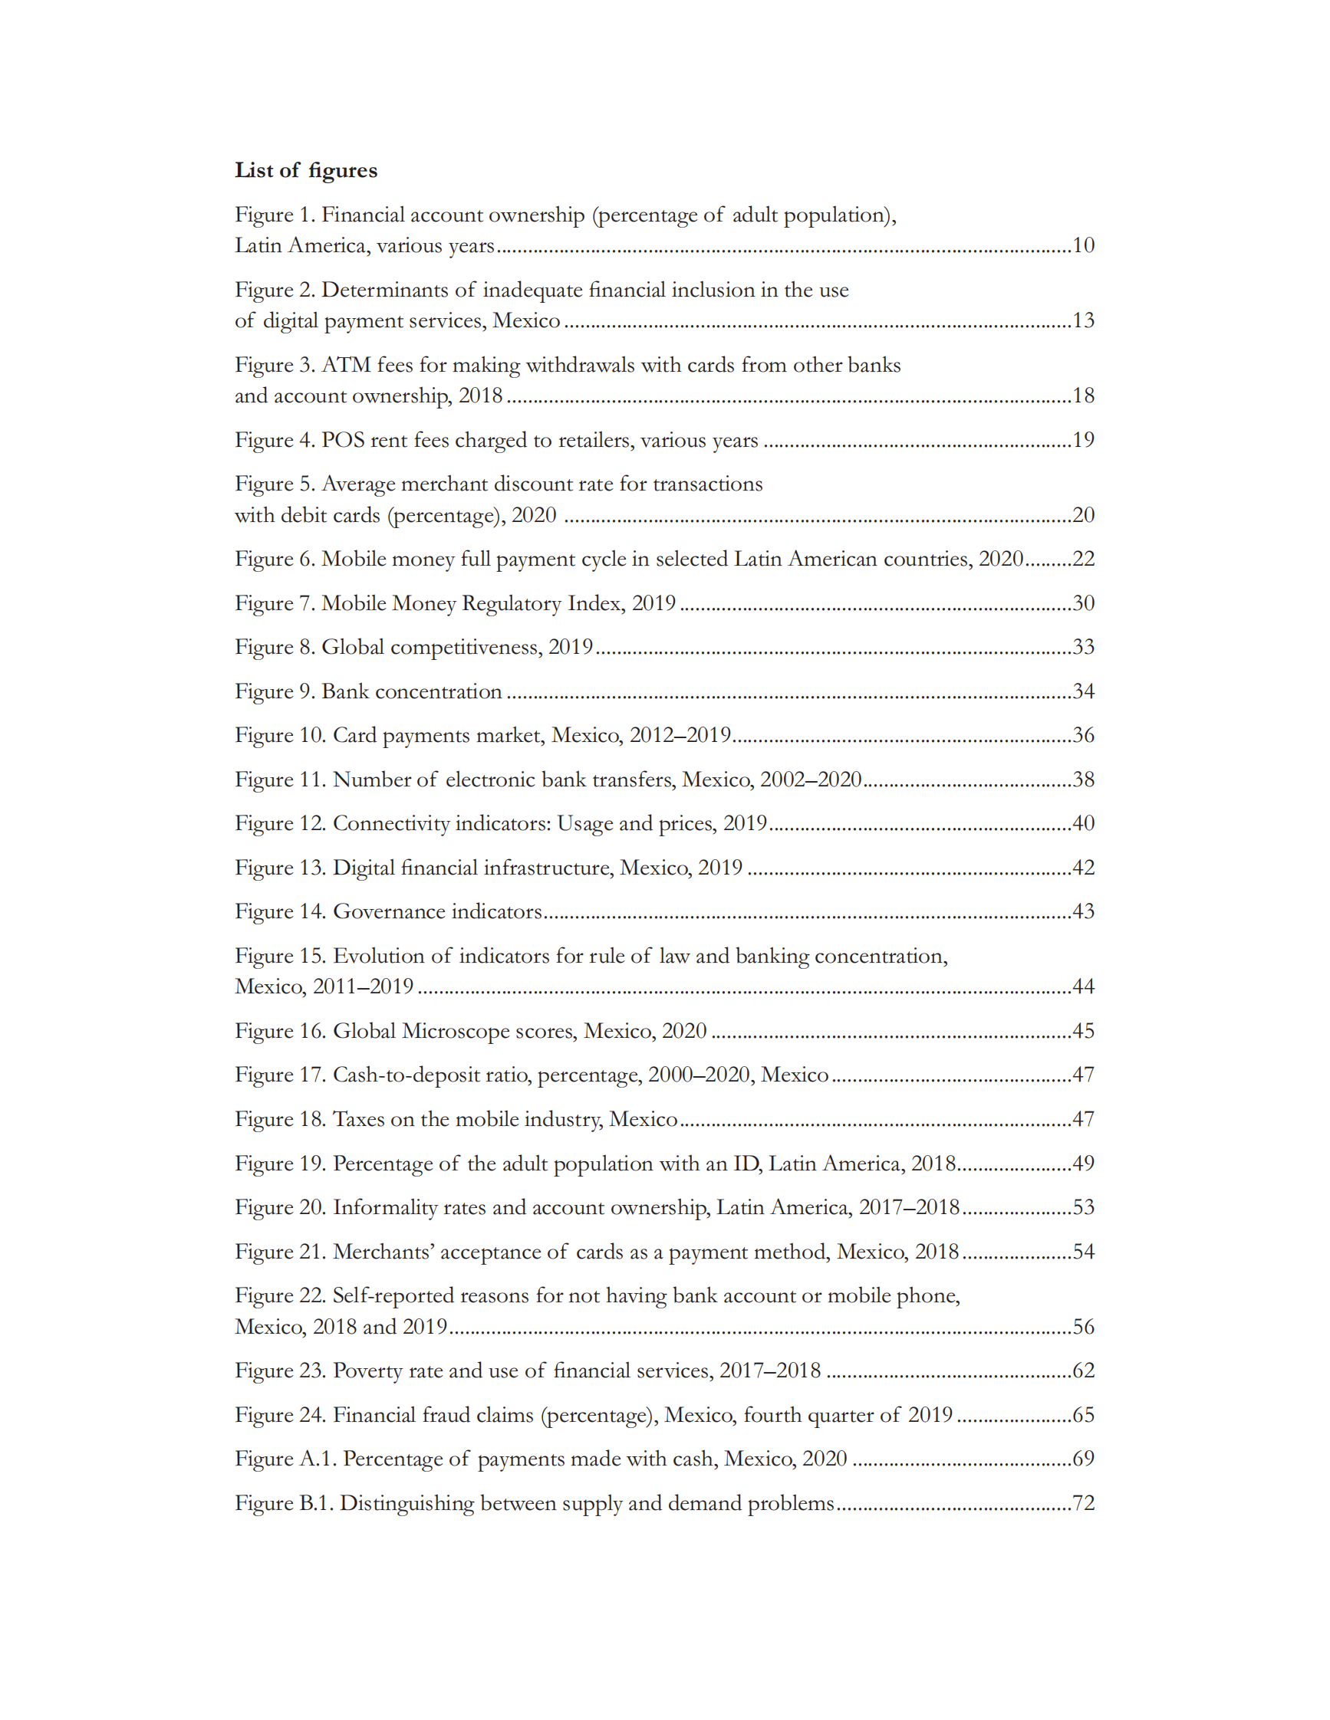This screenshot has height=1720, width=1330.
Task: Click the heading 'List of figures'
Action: pos(306,170)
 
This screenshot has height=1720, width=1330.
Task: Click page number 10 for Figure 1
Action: pos(1082,245)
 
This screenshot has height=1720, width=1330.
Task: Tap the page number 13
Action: pos(1082,320)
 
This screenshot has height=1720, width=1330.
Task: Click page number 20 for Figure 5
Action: pos(1082,514)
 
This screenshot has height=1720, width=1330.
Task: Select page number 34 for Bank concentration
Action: pos(1082,691)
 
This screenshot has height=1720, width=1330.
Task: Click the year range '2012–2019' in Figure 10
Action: pos(680,735)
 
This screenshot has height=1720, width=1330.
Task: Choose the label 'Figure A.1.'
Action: pos(285,1459)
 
